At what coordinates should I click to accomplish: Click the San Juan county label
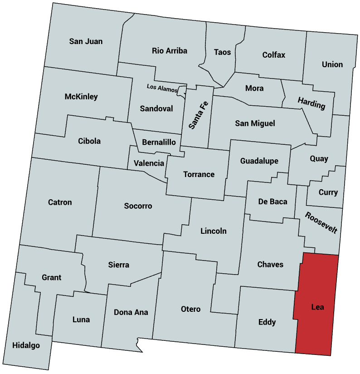(86, 41)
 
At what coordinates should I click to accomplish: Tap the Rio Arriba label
(169, 51)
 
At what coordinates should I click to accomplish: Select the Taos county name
(222, 52)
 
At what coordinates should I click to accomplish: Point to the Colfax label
(274, 55)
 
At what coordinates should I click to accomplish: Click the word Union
(332, 64)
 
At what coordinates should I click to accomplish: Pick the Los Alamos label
(161, 88)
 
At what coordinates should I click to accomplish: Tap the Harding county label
(311, 103)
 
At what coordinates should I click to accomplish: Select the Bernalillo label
(159, 142)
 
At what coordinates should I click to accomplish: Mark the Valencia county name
(149, 163)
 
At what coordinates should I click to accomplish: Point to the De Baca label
(272, 202)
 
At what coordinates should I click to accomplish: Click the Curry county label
(328, 192)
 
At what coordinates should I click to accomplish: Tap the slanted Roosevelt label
(321, 222)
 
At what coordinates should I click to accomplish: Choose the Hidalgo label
(26, 345)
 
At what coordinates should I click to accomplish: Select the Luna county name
(81, 320)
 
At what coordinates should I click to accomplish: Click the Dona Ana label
(131, 312)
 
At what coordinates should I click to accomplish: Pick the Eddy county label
(267, 322)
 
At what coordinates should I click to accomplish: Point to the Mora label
(254, 88)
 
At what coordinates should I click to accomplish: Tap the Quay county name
(319, 159)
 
